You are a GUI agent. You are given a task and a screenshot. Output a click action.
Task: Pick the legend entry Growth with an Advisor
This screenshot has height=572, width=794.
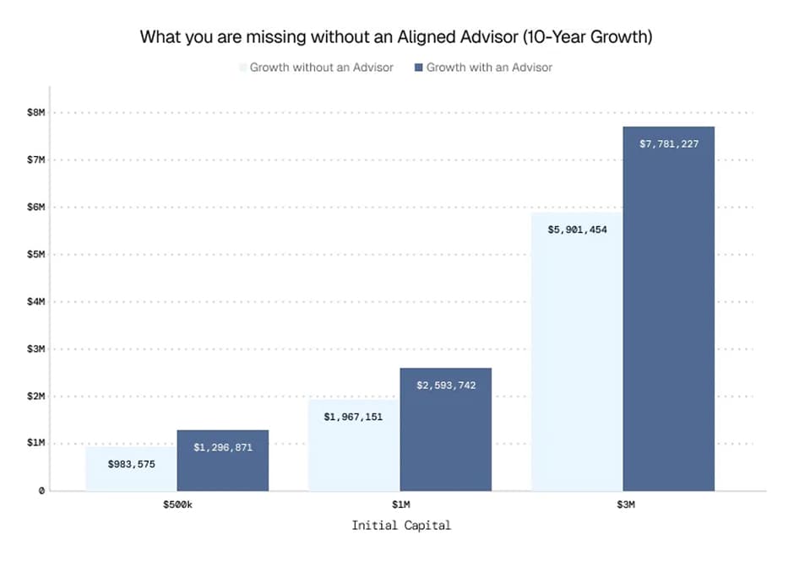point(489,67)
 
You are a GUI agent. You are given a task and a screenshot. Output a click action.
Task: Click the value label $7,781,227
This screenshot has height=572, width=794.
point(668,143)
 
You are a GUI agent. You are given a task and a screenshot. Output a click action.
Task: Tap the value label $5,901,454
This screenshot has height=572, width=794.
point(577,229)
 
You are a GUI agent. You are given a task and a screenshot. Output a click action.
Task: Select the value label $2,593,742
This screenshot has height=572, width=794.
point(445,385)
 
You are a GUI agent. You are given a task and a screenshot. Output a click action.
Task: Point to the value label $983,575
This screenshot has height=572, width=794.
point(131,463)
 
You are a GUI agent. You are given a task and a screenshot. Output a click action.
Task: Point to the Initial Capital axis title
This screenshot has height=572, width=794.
point(400,525)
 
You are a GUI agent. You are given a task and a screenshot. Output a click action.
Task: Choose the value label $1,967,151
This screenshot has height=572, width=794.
point(354,416)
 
